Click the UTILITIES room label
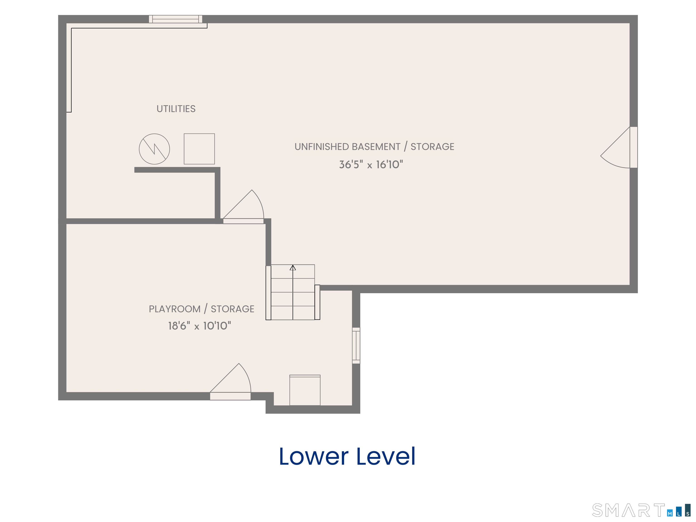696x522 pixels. [176, 109]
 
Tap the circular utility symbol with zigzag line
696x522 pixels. [154, 149]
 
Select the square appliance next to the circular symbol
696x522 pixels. [199, 149]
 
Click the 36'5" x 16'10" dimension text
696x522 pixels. [371, 164]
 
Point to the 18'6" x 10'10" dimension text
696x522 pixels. [199, 326]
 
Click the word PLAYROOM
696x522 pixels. [175, 309]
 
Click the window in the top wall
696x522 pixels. [176, 19]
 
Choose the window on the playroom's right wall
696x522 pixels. [356, 346]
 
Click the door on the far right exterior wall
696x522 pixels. [619, 147]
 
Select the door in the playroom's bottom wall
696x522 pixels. [230, 382]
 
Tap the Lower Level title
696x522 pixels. [347, 456]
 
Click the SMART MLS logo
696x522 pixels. [641, 510]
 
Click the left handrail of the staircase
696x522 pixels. [268, 293]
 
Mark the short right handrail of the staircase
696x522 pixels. [317, 302]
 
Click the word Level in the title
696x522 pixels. [386, 456]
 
